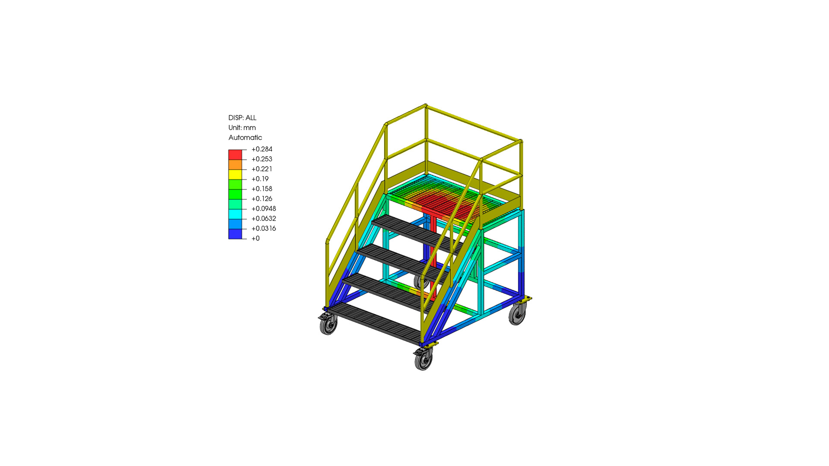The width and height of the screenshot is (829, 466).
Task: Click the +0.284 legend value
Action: coord(262,149)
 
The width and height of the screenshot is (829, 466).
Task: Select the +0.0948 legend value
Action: coord(263,209)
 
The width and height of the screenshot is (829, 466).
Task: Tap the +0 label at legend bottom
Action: coord(256,239)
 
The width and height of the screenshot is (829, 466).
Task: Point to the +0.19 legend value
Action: coord(260,179)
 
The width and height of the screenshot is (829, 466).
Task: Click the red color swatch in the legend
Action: coord(235,154)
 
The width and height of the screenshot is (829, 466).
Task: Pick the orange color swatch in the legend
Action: coord(235,164)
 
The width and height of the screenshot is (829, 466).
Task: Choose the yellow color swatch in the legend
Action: coord(235,174)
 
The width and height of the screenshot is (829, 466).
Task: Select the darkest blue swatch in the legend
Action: coord(235,234)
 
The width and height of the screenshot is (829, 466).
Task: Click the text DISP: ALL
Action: coord(242,118)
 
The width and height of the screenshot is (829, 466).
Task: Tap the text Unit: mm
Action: coord(242,128)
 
